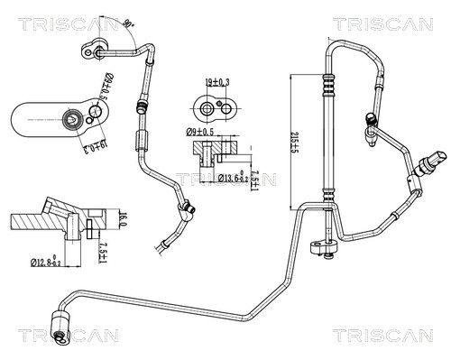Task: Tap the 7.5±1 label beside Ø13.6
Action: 255,172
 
